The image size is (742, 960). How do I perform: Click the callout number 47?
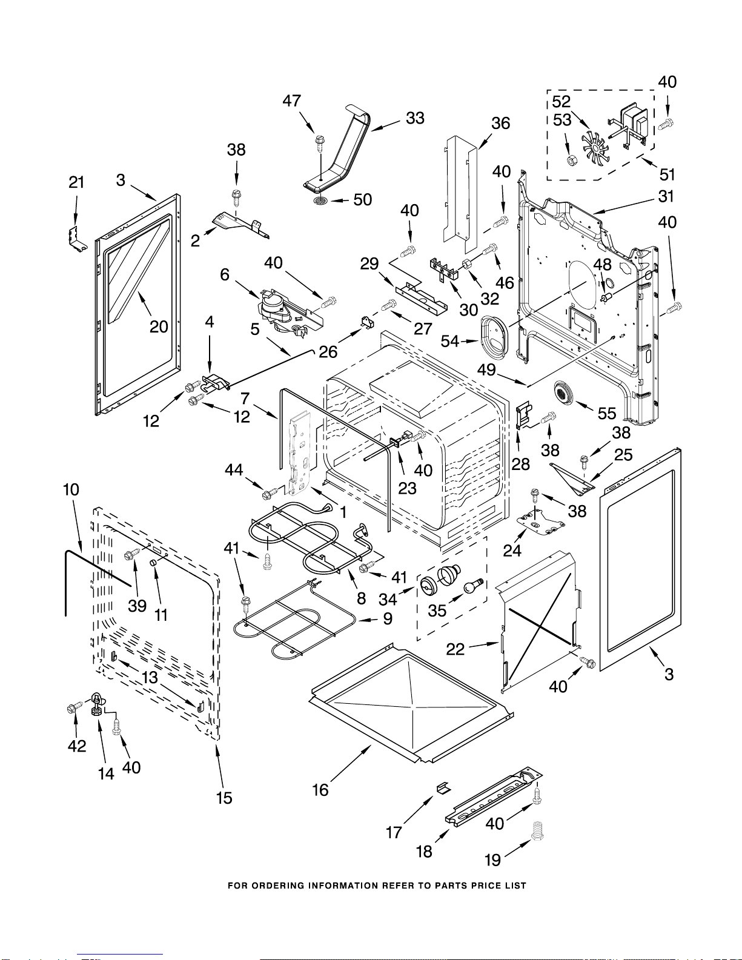pos(292,101)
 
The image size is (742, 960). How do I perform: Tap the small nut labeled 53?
pos(571,161)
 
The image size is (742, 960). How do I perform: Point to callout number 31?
pos(666,196)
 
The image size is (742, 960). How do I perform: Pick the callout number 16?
pos(320,790)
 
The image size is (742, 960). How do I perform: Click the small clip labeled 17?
pos(443,787)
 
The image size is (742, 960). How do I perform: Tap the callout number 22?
pos(455,649)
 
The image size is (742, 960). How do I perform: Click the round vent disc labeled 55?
pos(564,394)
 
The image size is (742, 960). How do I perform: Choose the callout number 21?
pos(76,182)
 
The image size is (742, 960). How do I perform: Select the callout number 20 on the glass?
pos(159,327)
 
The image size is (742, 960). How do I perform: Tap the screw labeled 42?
pos(75,707)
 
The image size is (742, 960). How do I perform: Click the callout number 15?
pos(224,798)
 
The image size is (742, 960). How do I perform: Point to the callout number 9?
pos(388,618)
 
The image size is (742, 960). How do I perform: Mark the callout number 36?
pos(500,124)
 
